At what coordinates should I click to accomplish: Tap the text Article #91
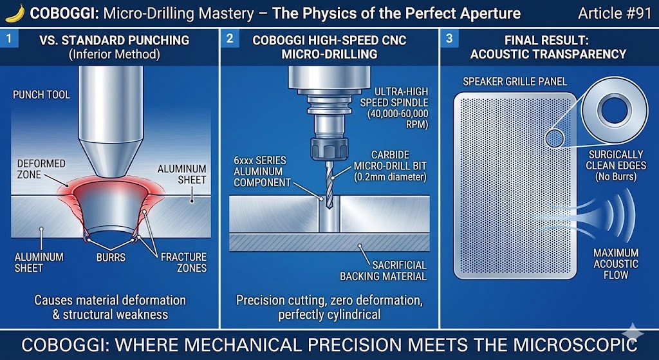click(615, 13)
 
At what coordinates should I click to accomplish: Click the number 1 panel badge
click(8, 39)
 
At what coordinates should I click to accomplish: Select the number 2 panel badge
click(230, 39)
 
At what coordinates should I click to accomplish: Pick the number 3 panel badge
click(449, 39)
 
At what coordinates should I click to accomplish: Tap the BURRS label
click(110, 257)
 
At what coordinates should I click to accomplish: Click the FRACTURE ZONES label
click(183, 262)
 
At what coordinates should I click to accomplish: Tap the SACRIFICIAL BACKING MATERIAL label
click(383, 270)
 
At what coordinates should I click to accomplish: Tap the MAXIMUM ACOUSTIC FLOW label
click(616, 263)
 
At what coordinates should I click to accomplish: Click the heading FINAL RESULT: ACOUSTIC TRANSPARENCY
click(548, 47)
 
